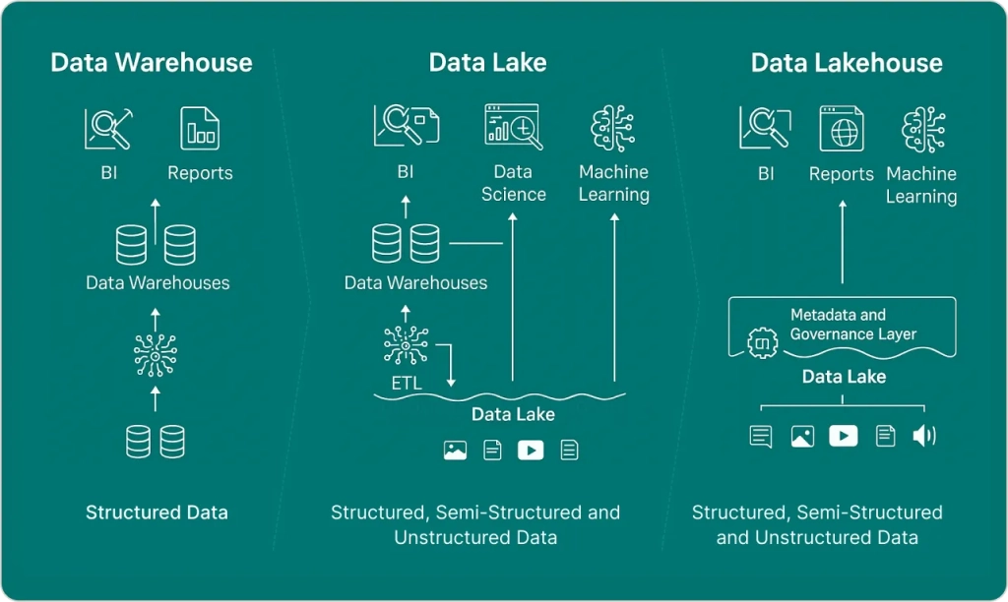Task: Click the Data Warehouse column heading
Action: coord(152,63)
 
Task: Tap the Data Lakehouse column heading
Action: coord(847,63)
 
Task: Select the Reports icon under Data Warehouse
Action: coord(200,129)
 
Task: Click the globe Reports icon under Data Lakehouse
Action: coord(842,129)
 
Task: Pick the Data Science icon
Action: coord(512,127)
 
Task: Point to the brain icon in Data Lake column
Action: coord(613,127)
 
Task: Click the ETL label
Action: coord(407,384)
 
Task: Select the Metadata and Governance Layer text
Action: coord(852,325)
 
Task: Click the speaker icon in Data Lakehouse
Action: coord(923,436)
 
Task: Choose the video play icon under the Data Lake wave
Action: coord(531,451)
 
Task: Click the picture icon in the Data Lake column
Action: coord(455,451)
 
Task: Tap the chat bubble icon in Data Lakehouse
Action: coord(761,436)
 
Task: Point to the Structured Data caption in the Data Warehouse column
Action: coord(157,512)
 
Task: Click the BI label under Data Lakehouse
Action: coord(765,174)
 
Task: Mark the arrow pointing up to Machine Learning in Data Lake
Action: coord(614,295)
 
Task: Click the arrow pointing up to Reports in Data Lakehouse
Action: coord(843,241)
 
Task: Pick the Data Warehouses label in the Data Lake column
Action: coord(415,283)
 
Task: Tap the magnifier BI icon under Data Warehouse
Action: coord(108,129)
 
